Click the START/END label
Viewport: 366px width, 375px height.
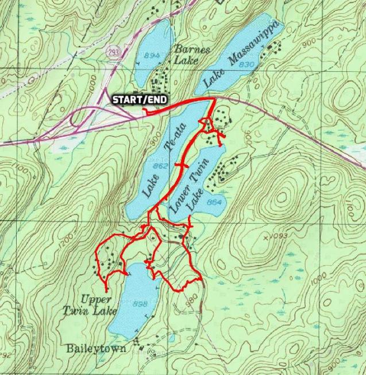[x=140, y=100]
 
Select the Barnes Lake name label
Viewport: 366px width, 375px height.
[x=186, y=55]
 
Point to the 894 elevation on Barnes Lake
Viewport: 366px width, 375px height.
[x=152, y=55]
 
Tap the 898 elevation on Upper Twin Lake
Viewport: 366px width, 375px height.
[x=140, y=304]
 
